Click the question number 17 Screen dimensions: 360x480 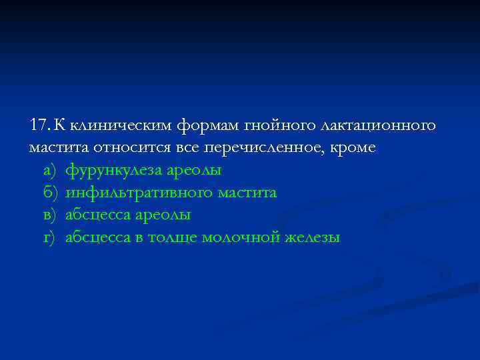click(39, 125)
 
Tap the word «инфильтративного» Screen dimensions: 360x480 click(138, 193)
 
